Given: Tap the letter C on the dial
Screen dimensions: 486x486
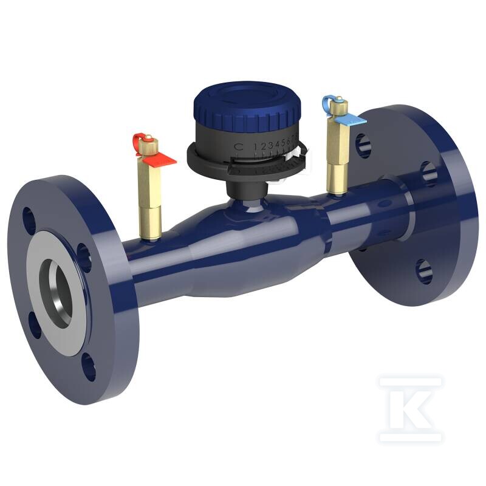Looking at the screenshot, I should tap(239, 146).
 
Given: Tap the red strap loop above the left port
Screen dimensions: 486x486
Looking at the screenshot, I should tap(137, 139).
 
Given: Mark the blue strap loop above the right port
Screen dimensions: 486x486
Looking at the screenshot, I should tap(330, 101).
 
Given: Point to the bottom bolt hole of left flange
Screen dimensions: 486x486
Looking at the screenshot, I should tap(89, 367).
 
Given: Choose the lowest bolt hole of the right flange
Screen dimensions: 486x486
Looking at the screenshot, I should tap(425, 271).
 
